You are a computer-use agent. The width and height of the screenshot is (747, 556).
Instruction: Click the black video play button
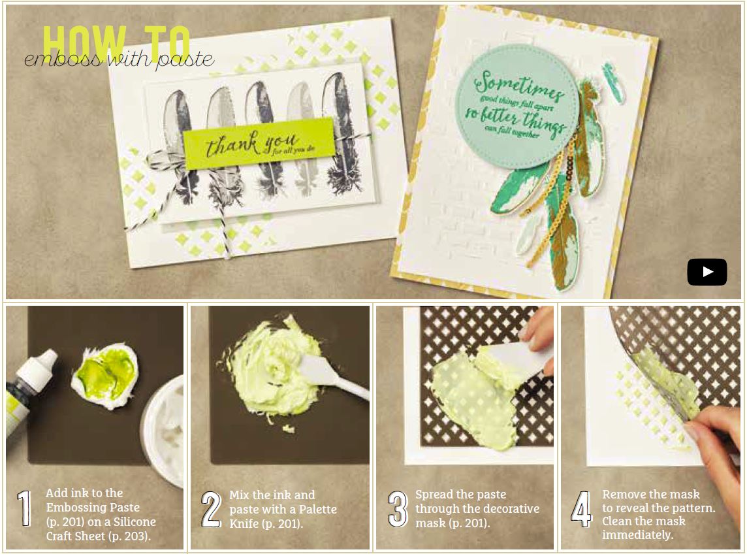707,272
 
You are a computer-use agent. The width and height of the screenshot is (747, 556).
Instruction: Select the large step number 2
211,509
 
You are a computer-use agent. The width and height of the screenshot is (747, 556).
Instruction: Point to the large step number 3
397,509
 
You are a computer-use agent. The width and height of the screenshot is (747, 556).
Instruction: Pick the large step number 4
582,509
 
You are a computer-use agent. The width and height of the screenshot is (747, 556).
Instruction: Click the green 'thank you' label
259,142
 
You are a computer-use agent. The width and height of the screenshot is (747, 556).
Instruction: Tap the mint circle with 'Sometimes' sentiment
517,106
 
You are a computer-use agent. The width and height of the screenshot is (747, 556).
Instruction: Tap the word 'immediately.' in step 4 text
638,535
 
